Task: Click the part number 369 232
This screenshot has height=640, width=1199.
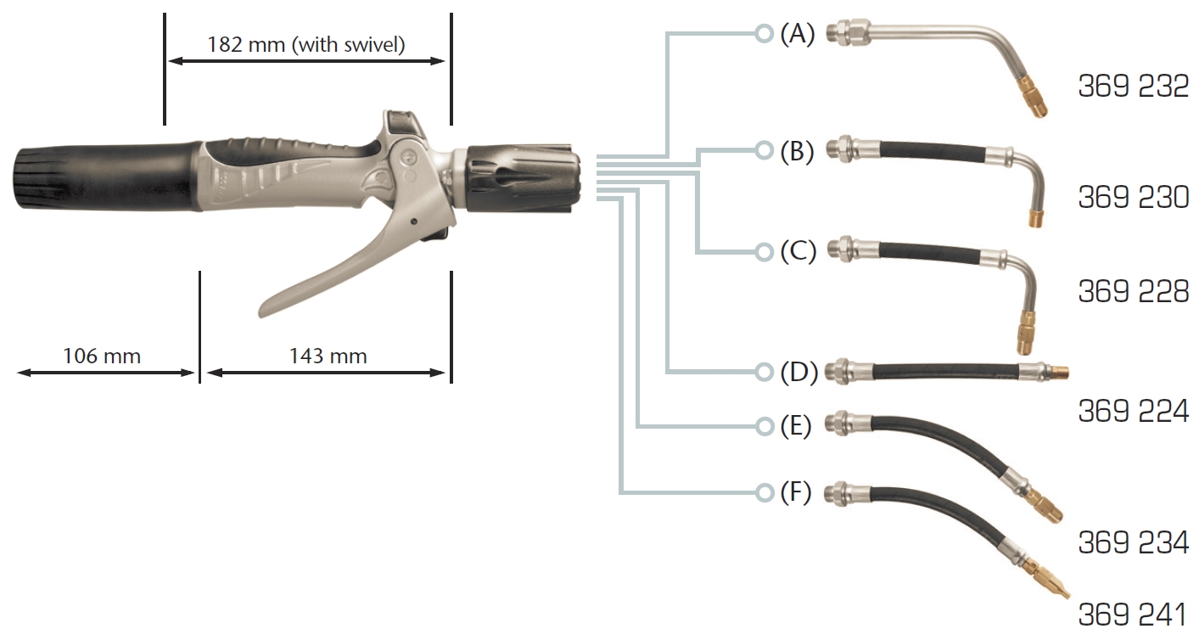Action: tap(1133, 87)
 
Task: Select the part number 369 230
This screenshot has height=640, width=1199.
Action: tap(1133, 198)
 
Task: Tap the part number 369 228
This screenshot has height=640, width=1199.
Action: tap(1133, 291)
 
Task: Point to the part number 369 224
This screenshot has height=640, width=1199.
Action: tap(1133, 412)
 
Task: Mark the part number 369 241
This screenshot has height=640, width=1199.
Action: tap(1133, 615)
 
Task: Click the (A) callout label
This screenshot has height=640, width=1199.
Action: tap(797, 34)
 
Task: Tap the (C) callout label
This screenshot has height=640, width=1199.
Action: tap(797, 252)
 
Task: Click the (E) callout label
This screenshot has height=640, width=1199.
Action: tap(797, 426)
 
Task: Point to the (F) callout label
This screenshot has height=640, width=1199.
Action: tap(797, 492)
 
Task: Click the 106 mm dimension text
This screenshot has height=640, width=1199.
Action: tap(102, 356)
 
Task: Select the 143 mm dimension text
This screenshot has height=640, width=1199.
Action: tap(328, 356)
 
